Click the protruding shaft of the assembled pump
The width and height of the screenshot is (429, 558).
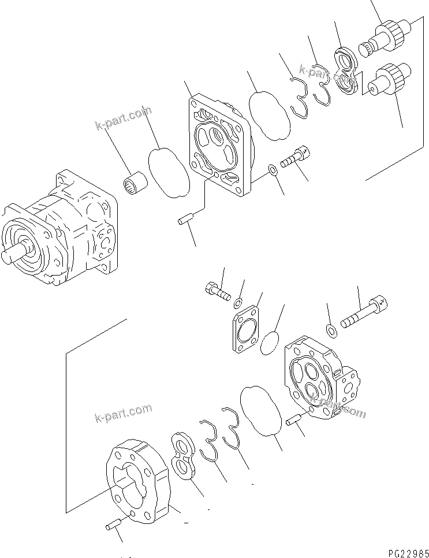coord(12,255)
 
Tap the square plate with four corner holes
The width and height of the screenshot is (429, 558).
coord(222,147)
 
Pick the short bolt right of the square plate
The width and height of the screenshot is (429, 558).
coord(297,156)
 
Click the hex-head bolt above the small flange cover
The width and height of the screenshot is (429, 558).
coord(216,288)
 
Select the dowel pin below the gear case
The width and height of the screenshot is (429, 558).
coord(113,527)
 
